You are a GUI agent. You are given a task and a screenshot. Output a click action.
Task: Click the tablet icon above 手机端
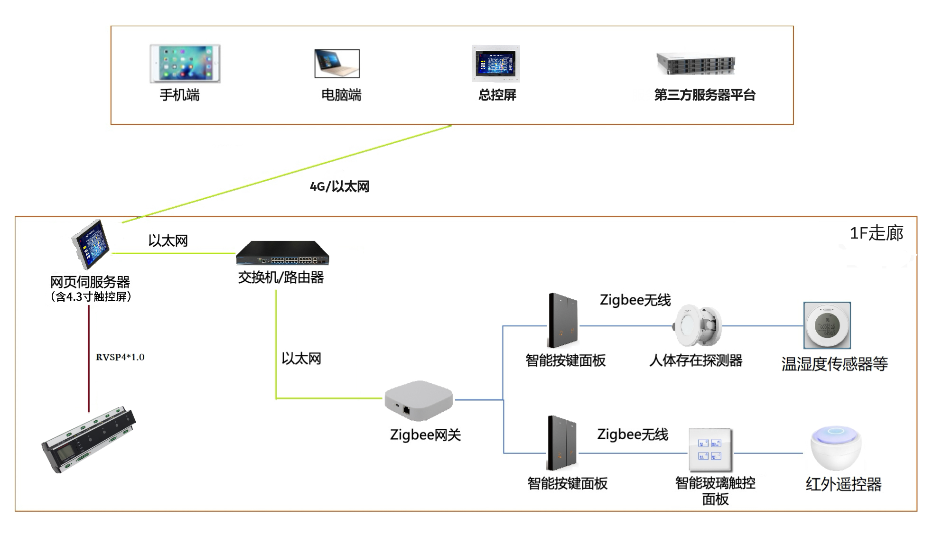coord(185,64)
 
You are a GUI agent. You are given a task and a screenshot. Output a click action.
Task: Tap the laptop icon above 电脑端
coord(337,64)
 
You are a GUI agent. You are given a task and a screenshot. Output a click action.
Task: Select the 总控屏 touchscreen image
coord(496,64)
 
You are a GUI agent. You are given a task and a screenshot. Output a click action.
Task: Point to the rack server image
coord(696,64)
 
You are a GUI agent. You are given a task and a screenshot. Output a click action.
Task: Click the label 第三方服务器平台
coord(705,95)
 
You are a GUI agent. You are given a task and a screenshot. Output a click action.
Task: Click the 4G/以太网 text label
coord(339,186)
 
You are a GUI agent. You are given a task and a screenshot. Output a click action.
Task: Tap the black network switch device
coord(282,253)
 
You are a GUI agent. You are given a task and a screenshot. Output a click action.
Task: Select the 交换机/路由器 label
coord(281,277)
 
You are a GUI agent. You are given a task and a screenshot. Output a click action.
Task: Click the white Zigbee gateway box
coord(419,400)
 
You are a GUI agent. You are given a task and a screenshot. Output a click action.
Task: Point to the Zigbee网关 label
coord(425,435)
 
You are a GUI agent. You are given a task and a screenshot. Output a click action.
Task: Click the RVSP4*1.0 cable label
coord(120,357)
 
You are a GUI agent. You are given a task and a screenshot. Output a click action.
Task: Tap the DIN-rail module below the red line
coord(89,439)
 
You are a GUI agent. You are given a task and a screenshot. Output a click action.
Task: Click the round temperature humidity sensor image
coord(827,325)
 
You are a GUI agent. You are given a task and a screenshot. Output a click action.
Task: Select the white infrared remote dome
coord(836,448)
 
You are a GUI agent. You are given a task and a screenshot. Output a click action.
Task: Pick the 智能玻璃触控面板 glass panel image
coord(710,449)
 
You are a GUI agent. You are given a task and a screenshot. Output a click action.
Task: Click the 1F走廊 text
coord(876,233)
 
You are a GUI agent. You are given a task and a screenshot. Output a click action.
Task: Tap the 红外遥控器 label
coord(843,484)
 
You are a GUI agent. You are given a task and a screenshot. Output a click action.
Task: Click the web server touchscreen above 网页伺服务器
coord(91,244)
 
